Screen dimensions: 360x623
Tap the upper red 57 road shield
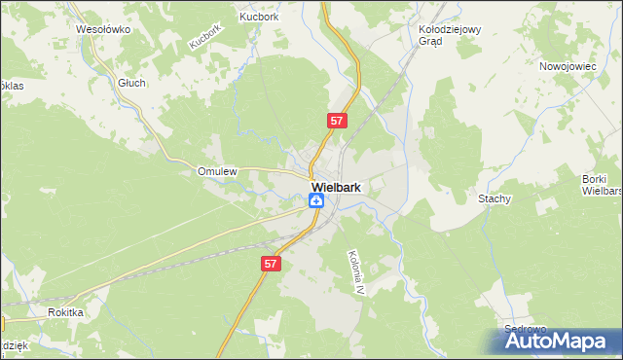pos(336,121)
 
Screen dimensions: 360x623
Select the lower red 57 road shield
pos(272,264)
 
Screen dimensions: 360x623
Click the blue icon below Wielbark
pos(317,200)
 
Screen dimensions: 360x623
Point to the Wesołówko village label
pos(103,29)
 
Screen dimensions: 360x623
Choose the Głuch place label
pos(131,83)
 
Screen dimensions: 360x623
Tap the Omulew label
pos(218,171)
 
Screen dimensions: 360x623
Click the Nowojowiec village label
pos(568,67)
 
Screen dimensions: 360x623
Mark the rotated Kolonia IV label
pos(355,272)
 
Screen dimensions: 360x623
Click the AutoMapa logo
pos(555,342)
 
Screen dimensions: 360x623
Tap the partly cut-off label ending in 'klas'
pos(12,86)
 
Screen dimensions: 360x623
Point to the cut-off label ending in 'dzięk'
pos(12,345)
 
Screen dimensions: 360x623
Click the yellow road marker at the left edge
pos(2,321)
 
